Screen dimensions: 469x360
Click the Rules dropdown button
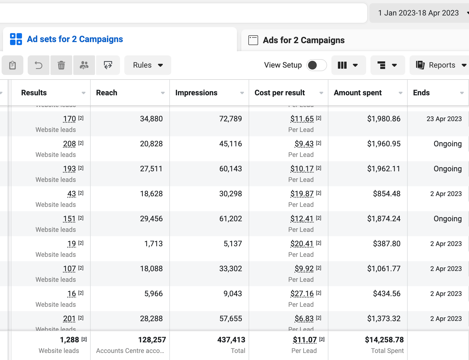pyautogui.click(x=148, y=65)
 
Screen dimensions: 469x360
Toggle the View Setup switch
pyautogui.click(x=316, y=65)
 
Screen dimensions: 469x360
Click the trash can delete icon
pyautogui.click(x=61, y=65)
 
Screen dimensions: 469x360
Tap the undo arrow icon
pyautogui.click(x=39, y=65)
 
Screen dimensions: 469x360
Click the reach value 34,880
pyautogui.click(x=151, y=119)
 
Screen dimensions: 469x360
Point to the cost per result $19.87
pyautogui.click(x=302, y=194)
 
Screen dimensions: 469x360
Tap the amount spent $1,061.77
pyautogui.click(x=384, y=269)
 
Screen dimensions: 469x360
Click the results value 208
pyautogui.click(x=69, y=144)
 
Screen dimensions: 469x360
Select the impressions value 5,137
pyautogui.click(x=233, y=244)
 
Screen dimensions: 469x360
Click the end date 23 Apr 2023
pyautogui.click(x=444, y=119)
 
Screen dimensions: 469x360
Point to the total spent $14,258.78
pyautogui.click(x=384, y=340)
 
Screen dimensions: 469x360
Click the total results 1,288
pyautogui.click(x=69, y=340)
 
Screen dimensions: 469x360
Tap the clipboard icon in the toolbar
pyautogui.click(x=12, y=65)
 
